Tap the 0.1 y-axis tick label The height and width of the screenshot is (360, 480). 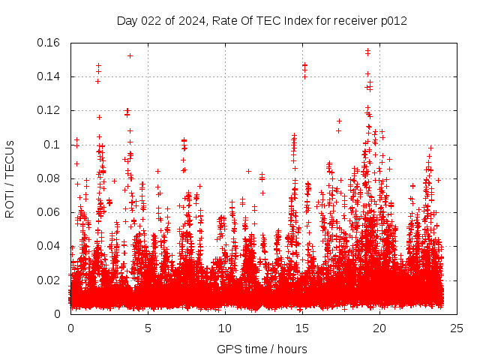tap(53, 145)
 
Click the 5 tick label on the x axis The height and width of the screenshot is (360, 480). tap(148, 328)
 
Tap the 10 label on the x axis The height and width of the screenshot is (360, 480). tap(225, 328)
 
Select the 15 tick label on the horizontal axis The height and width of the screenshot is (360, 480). tap(302, 328)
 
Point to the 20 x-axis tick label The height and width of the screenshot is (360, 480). tap(379, 328)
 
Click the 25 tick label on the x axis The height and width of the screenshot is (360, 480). tap(457, 328)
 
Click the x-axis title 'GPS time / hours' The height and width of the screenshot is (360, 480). tap(262, 349)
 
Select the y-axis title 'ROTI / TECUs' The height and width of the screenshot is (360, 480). tap(10, 178)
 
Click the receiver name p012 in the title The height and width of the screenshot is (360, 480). tap(394, 21)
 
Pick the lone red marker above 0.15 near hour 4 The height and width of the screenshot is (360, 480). tap(130, 55)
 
